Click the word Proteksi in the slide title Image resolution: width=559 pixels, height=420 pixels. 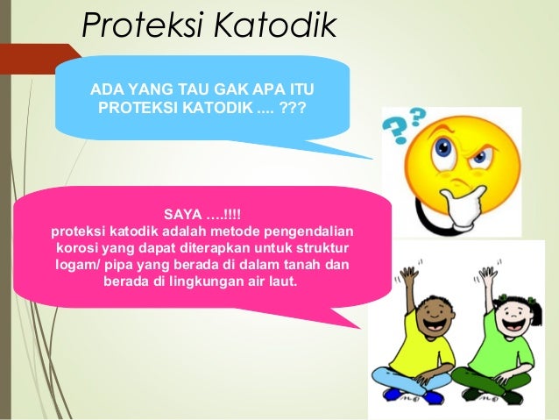click(x=134, y=26)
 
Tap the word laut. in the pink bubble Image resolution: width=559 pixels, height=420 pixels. click(x=281, y=283)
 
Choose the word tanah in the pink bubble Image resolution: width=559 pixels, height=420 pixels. click(x=302, y=266)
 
